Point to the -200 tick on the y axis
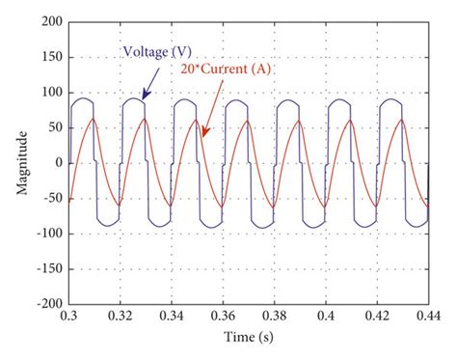(x=49, y=302)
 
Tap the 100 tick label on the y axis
(x=52, y=92)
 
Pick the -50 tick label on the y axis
(x=52, y=197)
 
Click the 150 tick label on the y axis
(x=52, y=56)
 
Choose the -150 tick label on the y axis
(x=49, y=267)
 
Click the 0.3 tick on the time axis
(x=69, y=315)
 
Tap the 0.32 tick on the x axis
(x=120, y=315)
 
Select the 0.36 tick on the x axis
(x=221, y=315)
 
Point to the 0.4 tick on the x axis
(x=325, y=315)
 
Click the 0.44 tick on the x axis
(x=424, y=315)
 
